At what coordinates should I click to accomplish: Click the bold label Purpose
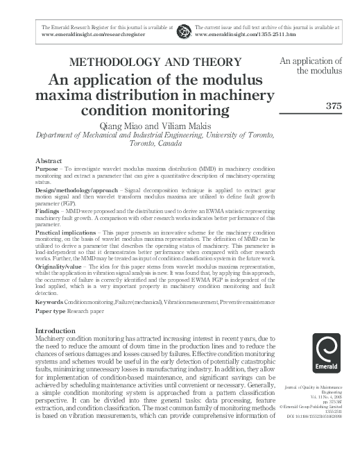coord(46,169)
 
